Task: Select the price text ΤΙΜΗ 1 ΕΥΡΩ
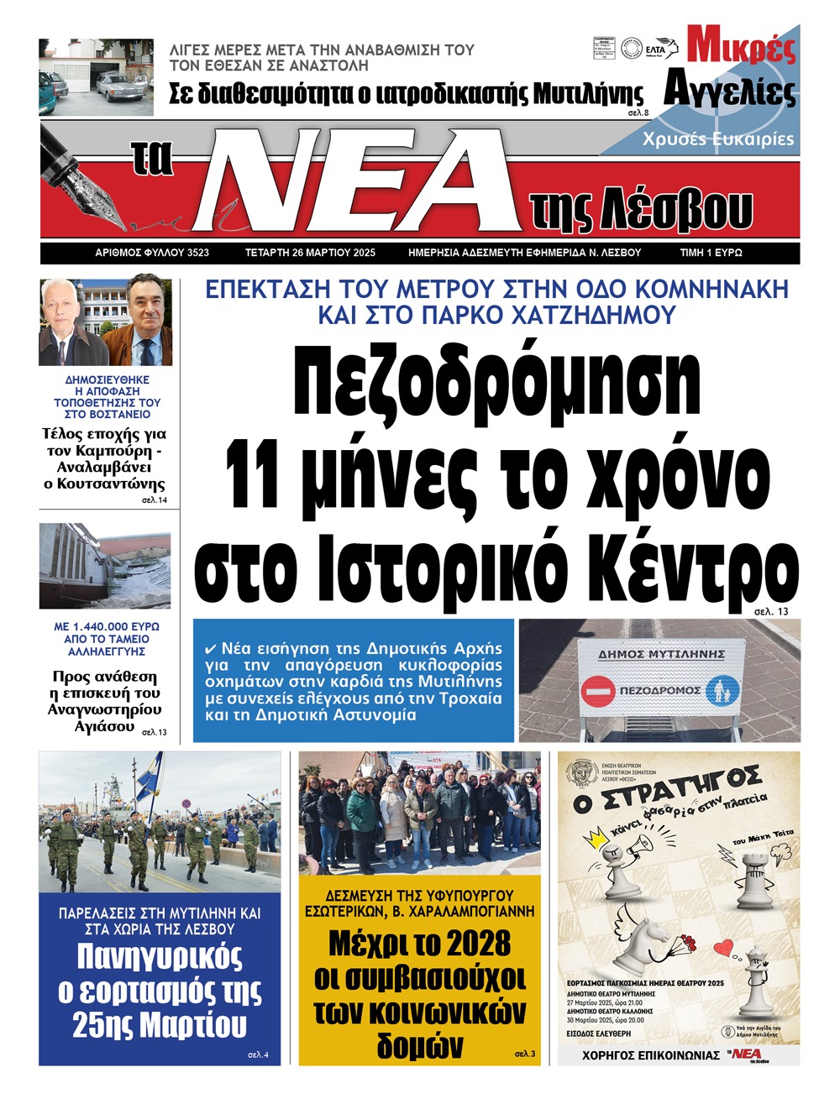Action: click(x=711, y=253)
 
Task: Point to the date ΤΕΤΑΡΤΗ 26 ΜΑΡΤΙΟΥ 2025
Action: click(x=310, y=253)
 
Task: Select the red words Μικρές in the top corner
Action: click(x=741, y=48)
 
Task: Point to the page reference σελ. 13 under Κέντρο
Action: click(x=771, y=612)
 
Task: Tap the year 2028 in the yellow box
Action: click(x=478, y=944)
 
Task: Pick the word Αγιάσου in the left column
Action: click(x=104, y=726)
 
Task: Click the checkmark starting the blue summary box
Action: click(x=211, y=649)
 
